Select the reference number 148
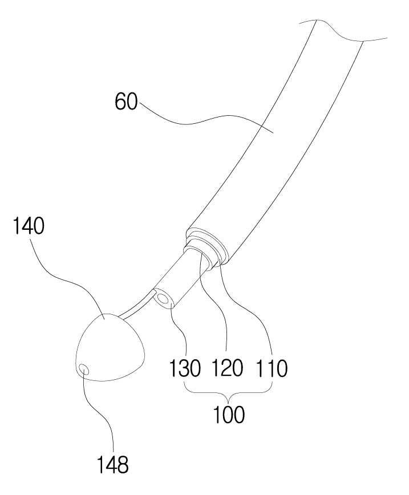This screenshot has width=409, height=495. point(112,465)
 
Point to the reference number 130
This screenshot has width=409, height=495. point(185,368)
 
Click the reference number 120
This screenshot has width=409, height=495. point(228,368)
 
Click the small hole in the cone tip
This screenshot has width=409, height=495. point(84,370)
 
